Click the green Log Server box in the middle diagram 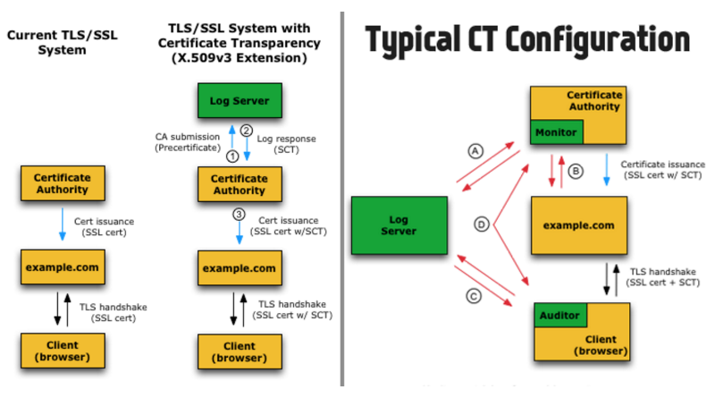click(239, 100)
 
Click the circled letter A click(475, 151)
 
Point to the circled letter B click(576, 169)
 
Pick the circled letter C click(475, 295)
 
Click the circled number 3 click(238, 214)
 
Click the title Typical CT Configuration click(527, 39)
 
